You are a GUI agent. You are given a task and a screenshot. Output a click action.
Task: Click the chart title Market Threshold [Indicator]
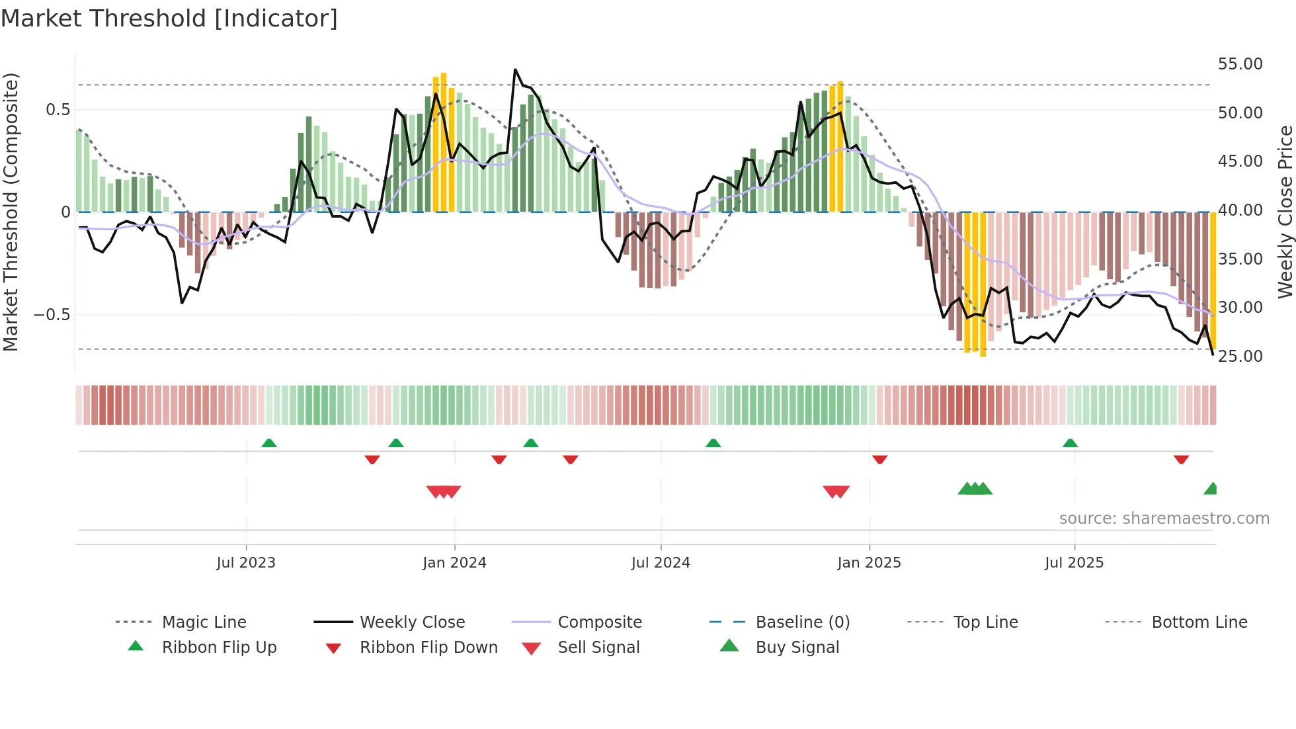pos(169,19)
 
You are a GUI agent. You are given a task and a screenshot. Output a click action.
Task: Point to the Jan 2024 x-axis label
pos(454,562)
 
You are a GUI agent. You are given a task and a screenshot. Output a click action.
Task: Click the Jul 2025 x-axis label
pos(1074,562)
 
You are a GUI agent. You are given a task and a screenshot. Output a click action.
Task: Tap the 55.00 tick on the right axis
pos(1240,64)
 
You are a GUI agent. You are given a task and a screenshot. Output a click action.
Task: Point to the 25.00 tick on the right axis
pos(1240,356)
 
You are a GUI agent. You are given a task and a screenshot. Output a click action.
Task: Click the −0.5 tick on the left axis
pos(52,314)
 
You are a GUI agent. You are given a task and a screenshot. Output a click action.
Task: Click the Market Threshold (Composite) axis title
pos(11,212)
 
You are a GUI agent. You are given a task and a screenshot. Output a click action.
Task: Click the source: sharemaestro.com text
pos(1164,518)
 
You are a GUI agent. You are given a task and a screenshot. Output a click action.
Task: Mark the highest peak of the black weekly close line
pos(515,69)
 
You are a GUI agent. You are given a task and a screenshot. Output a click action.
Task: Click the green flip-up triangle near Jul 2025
pos(1070,443)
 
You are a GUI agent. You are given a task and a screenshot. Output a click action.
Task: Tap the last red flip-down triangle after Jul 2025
pos(1181,459)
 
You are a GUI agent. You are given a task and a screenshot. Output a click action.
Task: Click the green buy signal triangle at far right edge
pos(1211,489)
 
